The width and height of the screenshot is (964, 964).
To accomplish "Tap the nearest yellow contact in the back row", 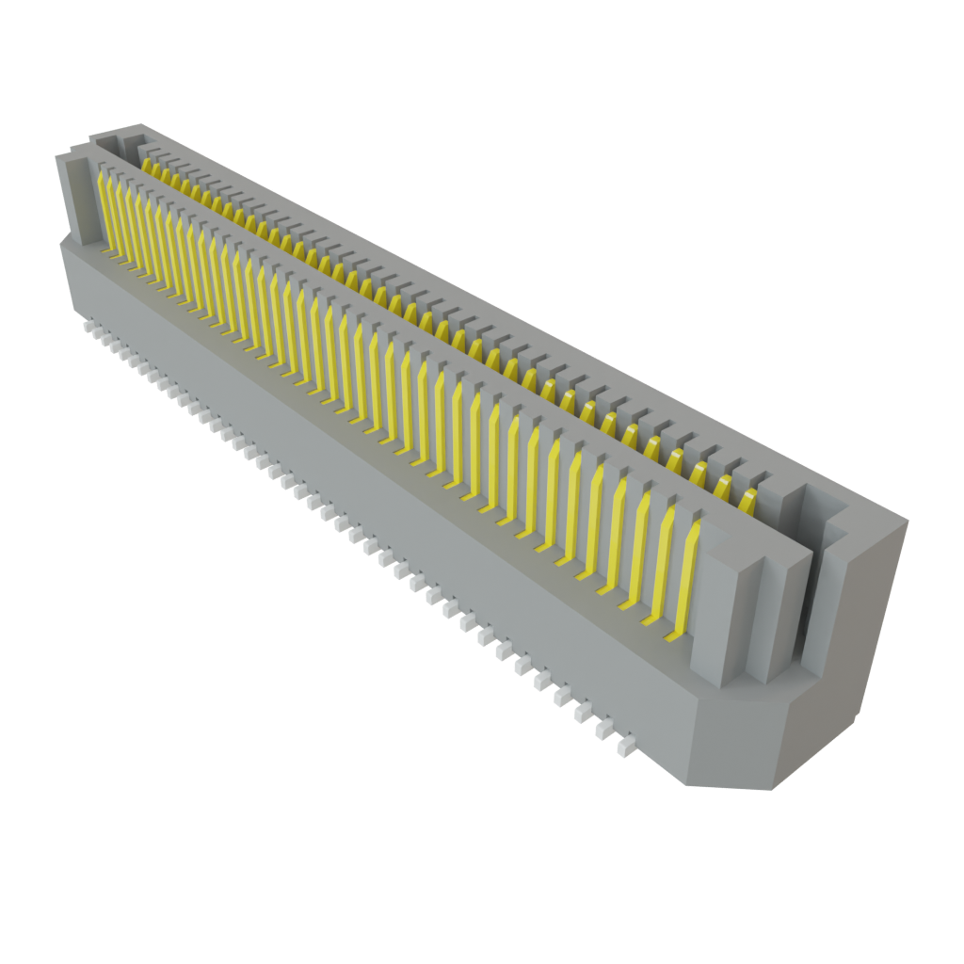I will (749, 498).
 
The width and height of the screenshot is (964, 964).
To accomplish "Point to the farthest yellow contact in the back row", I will (147, 163).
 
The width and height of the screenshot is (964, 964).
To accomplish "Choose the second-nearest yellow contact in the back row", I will (725, 485).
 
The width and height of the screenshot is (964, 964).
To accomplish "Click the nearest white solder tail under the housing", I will (623, 748).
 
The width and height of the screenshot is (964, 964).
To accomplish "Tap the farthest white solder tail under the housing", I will (87, 328).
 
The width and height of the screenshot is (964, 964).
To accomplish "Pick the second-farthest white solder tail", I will (97, 335).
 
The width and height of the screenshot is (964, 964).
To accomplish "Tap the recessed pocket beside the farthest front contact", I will (81, 202).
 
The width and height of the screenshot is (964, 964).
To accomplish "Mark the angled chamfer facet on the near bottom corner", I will (730, 753).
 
